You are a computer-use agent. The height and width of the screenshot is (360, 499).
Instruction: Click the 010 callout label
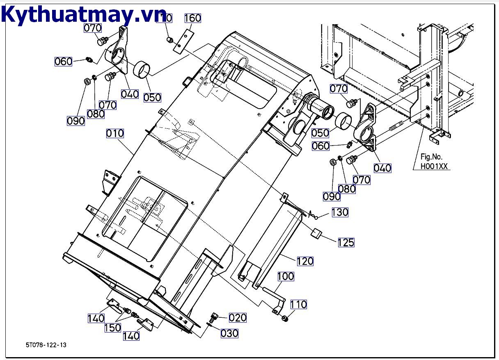point(115,133)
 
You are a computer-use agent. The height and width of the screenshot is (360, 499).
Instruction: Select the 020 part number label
point(238,317)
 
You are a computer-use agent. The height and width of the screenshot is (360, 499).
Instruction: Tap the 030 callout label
point(229,333)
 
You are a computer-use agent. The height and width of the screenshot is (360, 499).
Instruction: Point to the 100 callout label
point(286,276)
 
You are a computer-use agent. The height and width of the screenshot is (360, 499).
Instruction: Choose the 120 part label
point(305,261)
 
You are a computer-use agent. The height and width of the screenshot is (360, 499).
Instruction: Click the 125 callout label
point(346,242)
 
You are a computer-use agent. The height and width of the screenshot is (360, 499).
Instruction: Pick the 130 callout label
point(340,212)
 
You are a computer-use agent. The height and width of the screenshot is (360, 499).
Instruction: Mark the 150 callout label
point(113,328)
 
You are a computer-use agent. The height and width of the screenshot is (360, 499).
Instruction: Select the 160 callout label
point(192,18)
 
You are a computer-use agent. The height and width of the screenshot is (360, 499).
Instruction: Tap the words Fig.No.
point(431,157)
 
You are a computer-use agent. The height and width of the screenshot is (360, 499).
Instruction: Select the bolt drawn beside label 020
point(213,317)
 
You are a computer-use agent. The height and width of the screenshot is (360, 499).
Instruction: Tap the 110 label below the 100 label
point(298,305)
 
